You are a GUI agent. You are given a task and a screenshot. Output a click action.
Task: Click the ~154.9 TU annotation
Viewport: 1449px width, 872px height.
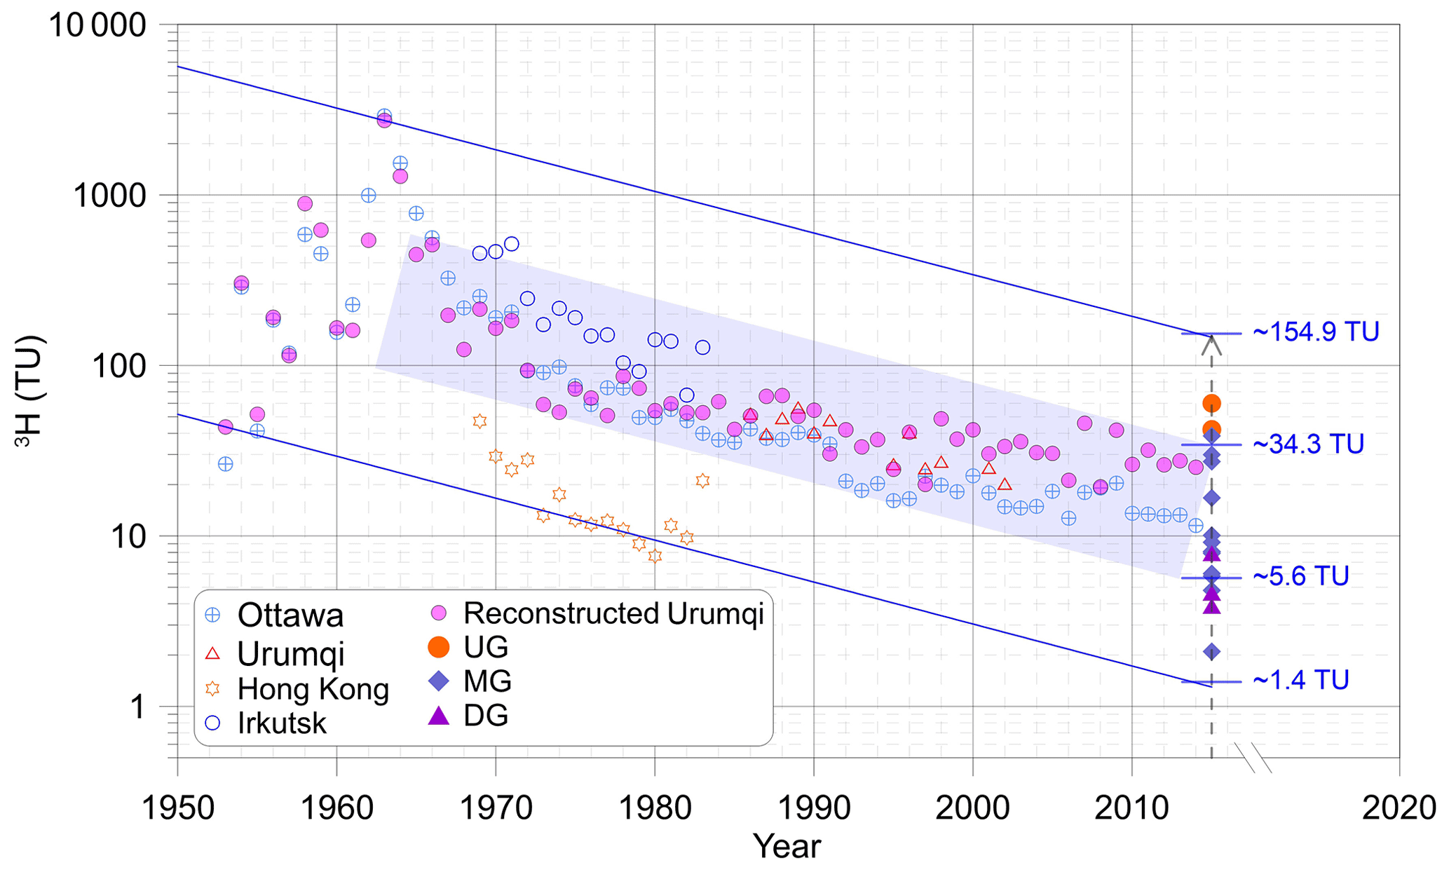[x=1315, y=332]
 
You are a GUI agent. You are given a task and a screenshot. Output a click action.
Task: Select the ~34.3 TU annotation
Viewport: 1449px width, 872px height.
[x=1307, y=444]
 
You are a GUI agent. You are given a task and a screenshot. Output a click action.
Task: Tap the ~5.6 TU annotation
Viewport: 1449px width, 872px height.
[x=1300, y=577]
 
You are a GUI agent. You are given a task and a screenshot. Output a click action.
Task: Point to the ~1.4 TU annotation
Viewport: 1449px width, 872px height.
[x=1300, y=681]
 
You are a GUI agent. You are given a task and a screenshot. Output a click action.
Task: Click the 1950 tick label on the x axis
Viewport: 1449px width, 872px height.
[x=177, y=809]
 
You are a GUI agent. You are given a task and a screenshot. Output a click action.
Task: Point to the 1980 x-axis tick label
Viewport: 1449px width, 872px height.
[x=655, y=809]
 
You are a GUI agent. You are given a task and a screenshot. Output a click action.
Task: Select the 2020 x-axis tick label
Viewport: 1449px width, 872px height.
[x=1399, y=809]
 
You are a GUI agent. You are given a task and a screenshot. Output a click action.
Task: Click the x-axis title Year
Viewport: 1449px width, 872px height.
[x=787, y=847]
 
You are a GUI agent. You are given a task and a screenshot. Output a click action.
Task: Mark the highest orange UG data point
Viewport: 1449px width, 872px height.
[x=1211, y=403]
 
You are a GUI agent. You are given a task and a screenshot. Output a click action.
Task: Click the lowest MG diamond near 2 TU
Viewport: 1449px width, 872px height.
[x=1211, y=652]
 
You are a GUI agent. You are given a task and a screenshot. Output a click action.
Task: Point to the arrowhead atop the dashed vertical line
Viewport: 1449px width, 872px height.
[x=1211, y=343]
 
